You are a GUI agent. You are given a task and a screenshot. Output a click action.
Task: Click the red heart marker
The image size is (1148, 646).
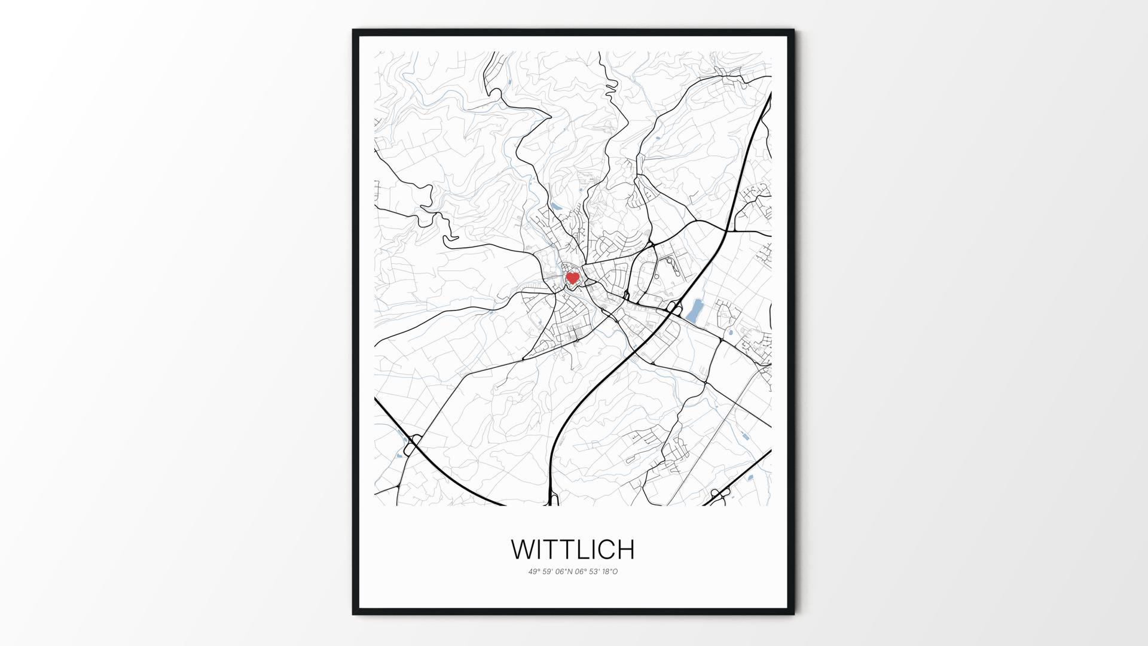(573, 278)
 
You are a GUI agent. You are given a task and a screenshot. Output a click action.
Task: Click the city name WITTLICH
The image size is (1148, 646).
(573, 549)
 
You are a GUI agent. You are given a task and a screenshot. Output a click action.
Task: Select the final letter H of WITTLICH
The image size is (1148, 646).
(624, 549)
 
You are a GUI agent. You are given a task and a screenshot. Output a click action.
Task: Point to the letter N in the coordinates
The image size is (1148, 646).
(570, 572)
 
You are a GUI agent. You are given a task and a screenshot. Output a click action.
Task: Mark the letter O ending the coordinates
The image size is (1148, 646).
(615, 572)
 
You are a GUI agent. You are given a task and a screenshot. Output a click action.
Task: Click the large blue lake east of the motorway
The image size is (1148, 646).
(695, 311)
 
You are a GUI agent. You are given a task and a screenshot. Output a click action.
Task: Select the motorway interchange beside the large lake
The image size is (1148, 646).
(673, 309)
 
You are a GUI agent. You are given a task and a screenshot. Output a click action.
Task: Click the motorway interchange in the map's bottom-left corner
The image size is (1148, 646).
(413, 444)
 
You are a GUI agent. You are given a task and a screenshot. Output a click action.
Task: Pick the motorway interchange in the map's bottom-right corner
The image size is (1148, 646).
(720, 493)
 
